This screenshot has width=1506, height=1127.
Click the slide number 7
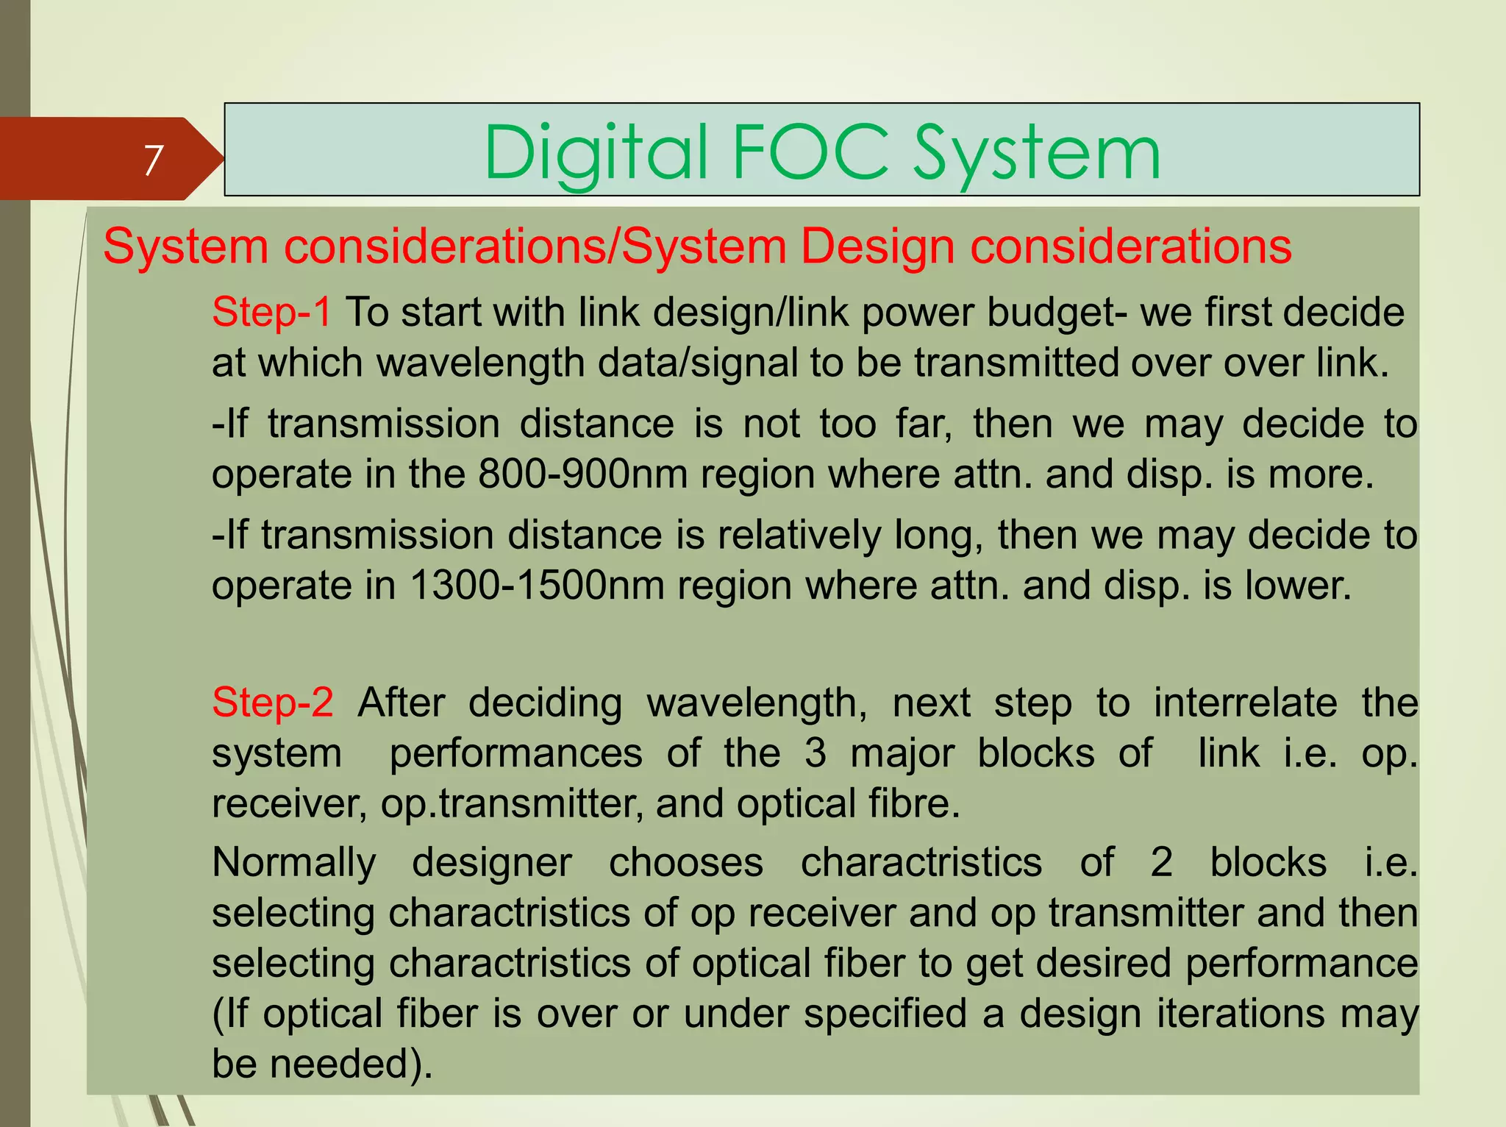click(x=153, y=160)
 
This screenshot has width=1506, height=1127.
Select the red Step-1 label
click(x=271, y=312)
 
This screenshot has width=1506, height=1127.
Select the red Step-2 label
click(x=273, y=702)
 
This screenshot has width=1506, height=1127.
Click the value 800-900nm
click(x=582, y=474)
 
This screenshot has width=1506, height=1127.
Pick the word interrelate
click(x=1245, y=702)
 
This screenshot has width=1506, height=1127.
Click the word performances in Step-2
click(x=515, y=753)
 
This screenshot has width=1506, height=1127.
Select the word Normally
click(x=294, y=862)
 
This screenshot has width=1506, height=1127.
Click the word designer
click(x=491, y=862)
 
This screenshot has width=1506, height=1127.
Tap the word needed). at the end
click(x=351, y=1064)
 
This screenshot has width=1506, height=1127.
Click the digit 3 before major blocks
click(x=815, y=753)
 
